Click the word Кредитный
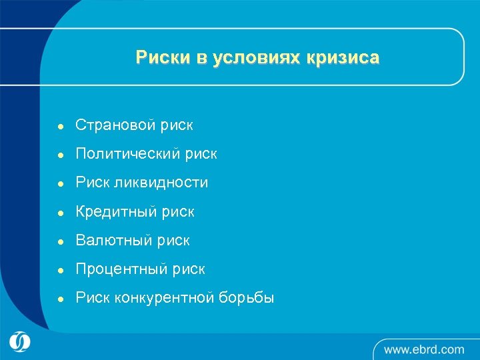click(x=117, y=212)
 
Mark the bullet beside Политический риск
click(x=59, y=155)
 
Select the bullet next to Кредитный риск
click(x=59, y=213)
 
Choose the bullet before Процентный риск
click(x=59, y=270)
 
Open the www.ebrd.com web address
click(x=424, y=349)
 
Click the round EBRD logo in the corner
click(x=20, y=341)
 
